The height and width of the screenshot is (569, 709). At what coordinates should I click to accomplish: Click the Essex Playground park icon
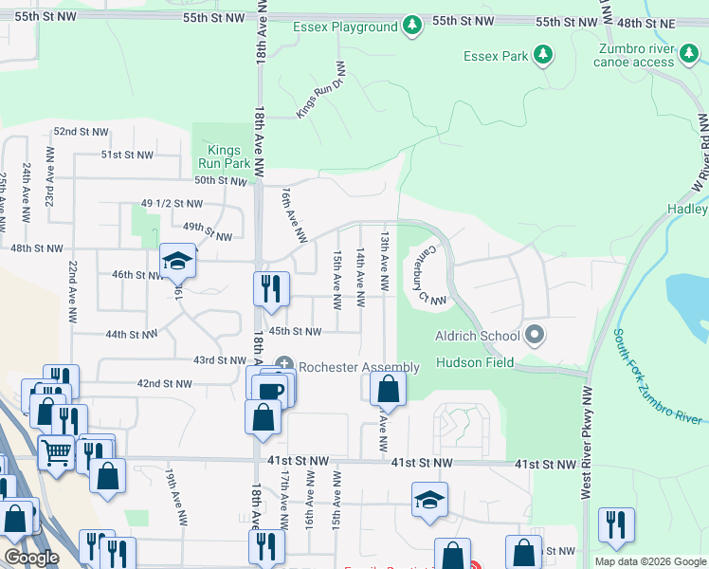tap(411, 27)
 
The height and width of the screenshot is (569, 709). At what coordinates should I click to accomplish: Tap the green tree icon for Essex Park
tap(543, 56)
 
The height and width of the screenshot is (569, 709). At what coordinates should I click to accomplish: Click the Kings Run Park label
tap(224, 156)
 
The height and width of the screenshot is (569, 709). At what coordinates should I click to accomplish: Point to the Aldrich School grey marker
tap(536, 335)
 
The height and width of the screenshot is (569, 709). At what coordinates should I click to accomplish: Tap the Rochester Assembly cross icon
tap(283, 367)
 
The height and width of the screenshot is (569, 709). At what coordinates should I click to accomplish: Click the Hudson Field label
tap(474, 362)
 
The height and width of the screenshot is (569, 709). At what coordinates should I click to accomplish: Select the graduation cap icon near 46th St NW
tap(177, 261)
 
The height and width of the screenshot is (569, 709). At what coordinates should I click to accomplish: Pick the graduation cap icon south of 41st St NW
tap(429, 499)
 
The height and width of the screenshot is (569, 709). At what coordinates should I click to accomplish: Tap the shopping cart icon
tap(56, 452)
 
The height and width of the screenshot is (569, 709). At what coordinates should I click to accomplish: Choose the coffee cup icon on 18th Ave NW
tap(271, 390)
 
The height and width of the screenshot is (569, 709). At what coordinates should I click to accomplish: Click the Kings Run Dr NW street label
tap(321, 89)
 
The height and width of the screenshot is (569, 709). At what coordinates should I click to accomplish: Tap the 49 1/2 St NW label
tap(172, 204)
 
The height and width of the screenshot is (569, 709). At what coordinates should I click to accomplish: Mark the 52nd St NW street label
tap(82, 132)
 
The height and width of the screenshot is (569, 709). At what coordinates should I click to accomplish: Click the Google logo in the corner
tap(31, 558)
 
